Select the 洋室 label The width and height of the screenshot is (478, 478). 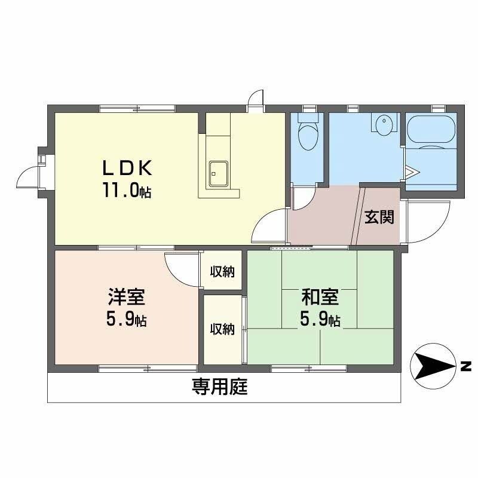click(x=126, y=297)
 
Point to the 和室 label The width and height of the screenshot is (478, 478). click(x=320, y=297)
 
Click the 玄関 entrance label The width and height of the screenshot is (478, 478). click(x=379, y=217)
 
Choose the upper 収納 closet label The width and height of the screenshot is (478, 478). click(x=222, y=272)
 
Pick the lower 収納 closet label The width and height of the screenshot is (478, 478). click(x=222, y=329)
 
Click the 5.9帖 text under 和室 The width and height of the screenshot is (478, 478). click(x=320, y=320)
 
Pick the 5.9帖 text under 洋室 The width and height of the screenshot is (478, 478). click(x=126, y=320)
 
